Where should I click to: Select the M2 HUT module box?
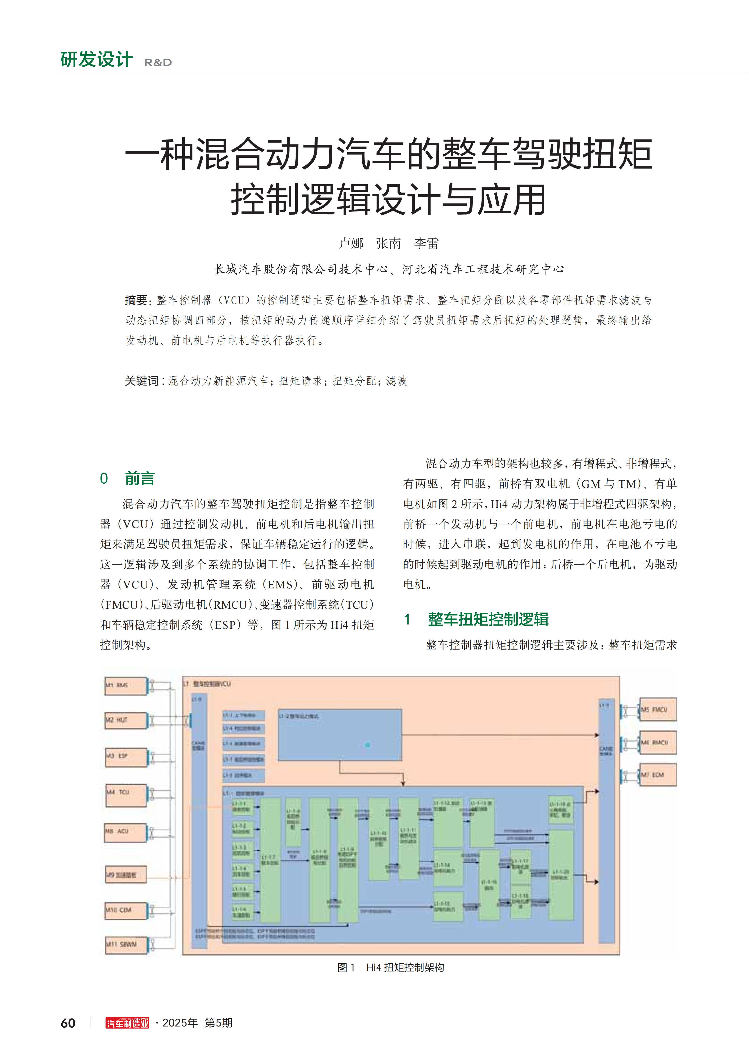click(126, 720)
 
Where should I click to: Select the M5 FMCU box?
click(658, 709)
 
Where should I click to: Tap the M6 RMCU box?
click(658, 742)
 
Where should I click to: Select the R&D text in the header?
click(158, 62)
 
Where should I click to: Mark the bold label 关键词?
click(142, 381)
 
